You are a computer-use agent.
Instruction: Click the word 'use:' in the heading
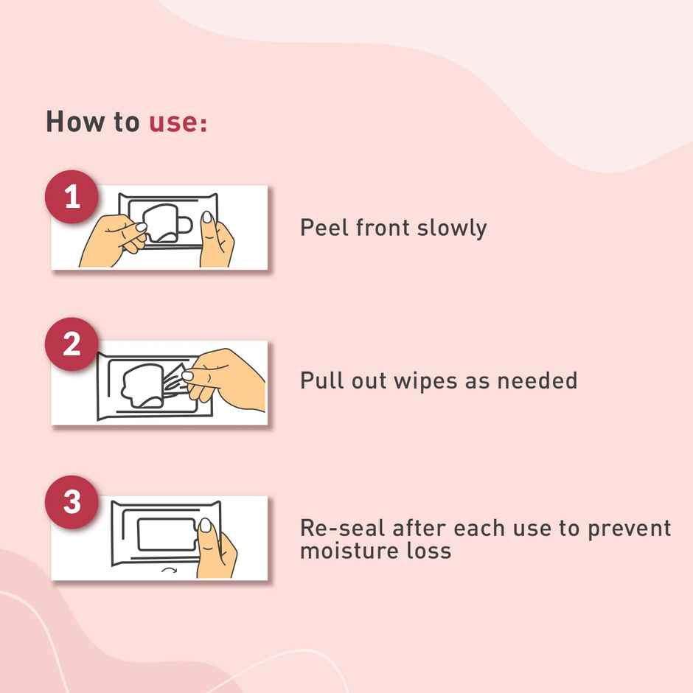click(178, 122)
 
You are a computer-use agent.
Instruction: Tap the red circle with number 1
click(72, 198)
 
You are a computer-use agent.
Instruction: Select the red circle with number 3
click(72, 502)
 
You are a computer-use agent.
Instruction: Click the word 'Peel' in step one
click(324, 227)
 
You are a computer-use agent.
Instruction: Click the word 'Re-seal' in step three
click(341, 528)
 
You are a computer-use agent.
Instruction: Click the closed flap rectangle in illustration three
click(165, 534)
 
